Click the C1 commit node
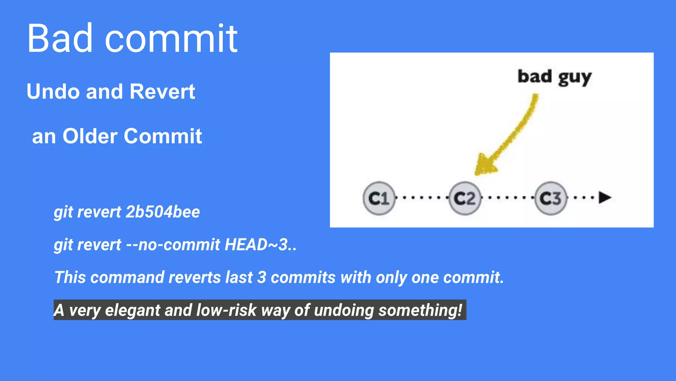pyautogui.click(x=379, y=198)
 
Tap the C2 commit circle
pyautogui.click(x=465, y=198)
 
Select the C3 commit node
pyautogui.click(x=551, y=198)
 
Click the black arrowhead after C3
pyautogui.click(x=605, y=197)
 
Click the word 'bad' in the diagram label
pyautogui.click(x=534, y=76)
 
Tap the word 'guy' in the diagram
pyautogui.click(x=575, y=78)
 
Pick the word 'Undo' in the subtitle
pyautogui.click(x=53, y=92)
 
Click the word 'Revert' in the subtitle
pyautogui.click(x=162, y=92)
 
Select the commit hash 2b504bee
pyautogui.click(x=163, y=212)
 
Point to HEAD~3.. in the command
pyautogui.click(x=260, y=245)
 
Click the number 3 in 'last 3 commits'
pyautogui.click(x=261, y=277)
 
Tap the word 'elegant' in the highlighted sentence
pyautogui.click(x=132, y=310)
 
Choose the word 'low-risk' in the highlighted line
pyautogui.click(x=226, y=310)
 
